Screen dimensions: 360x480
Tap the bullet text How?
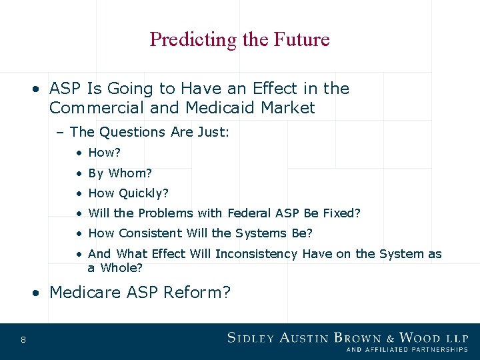point(103,153)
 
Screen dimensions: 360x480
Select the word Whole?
point(121,268)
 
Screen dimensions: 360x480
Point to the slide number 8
point(23,341)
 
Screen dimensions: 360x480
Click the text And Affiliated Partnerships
point(407,350)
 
